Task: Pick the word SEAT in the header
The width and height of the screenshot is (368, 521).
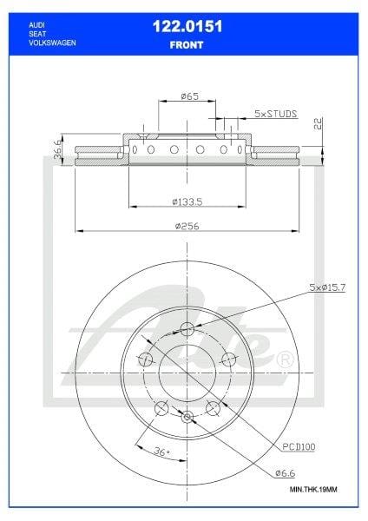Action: (37, 34)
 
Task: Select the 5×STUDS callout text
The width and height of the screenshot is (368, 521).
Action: (277, 114)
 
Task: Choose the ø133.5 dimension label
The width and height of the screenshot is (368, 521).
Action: (187, 201)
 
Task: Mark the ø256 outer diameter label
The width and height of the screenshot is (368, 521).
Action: (187, 227)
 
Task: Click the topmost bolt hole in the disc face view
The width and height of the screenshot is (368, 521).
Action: (187, 329)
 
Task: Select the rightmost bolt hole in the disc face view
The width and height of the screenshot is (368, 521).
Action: (230, 359)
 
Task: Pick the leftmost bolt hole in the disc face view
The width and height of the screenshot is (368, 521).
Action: (146, 359)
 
